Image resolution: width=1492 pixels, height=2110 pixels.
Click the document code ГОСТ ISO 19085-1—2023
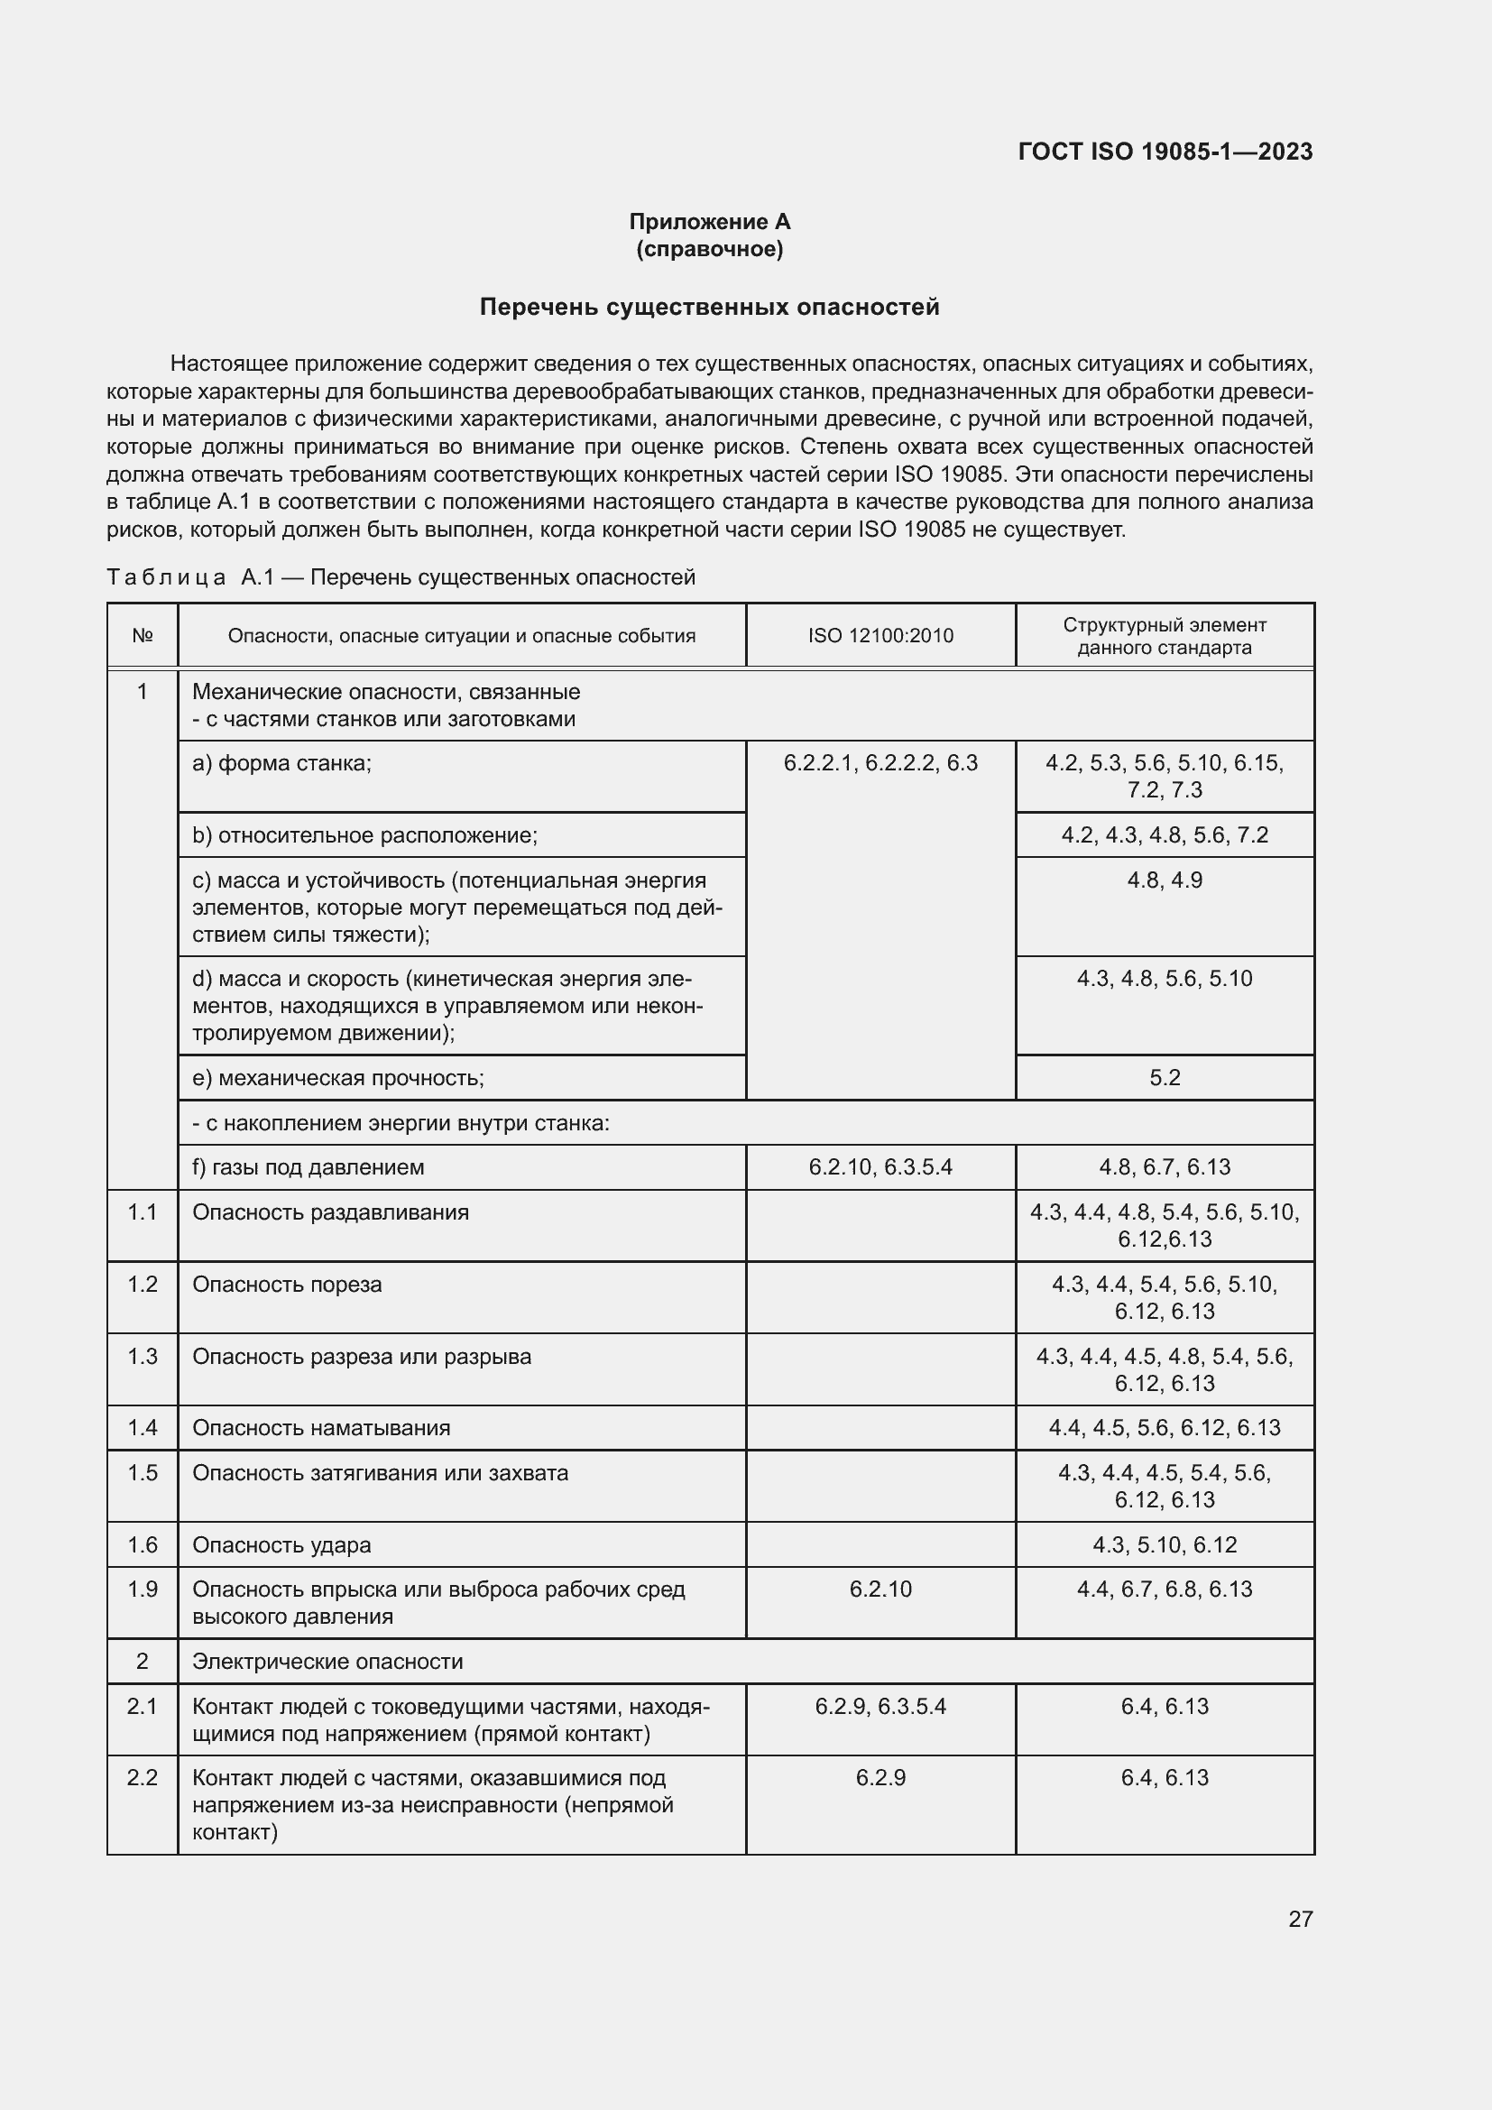(1165, 152)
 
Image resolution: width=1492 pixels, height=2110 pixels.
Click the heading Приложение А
(709, 222)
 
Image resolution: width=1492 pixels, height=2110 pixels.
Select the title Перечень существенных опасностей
(709, 307)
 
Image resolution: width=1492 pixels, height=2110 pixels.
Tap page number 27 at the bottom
(1300, 1919)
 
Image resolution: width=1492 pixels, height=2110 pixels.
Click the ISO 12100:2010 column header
(880, 636)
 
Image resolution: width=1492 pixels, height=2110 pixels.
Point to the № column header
(143, 636)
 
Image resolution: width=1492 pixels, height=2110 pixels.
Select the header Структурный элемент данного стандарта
(1164, 636)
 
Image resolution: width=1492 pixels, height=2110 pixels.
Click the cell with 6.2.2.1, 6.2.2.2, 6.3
(880, 763)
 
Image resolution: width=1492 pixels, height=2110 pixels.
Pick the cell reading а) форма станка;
(282, 763)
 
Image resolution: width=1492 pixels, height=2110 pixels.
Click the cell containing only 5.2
(1164, 1077)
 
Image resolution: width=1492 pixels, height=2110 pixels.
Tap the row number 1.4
(143, 1427)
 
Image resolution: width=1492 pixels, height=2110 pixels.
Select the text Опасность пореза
(287, 1284)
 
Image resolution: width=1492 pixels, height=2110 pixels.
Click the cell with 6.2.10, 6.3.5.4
(880, 1167)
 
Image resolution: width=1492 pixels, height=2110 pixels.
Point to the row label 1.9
(143, 1589)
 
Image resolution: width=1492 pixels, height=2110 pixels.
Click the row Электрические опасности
(327, 1662)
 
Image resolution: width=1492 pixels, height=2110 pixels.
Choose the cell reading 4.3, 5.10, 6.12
(1164, 1544)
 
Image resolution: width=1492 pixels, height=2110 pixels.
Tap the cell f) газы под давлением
(308, 1167)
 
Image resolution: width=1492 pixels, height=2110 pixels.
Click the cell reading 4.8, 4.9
(1164, 880)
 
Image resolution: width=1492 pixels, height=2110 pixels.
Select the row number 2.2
(143, 1777)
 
